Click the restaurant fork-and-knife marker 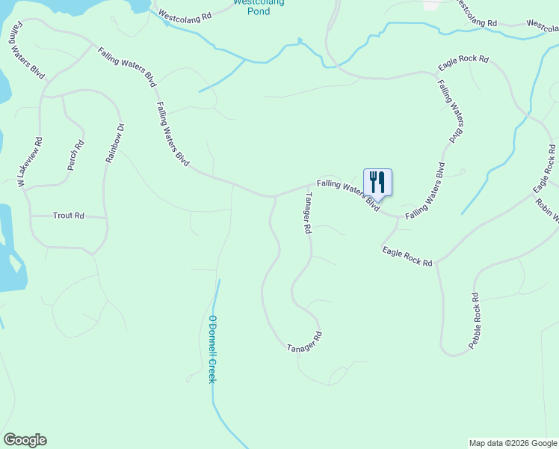coord(377,182)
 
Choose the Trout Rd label coord(68,216)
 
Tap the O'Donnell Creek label coord(211,350)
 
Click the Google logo coord(25,440)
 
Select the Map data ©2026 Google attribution coord(512,443)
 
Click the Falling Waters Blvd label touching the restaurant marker coord(348,195)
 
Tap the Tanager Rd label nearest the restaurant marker coord(306,214)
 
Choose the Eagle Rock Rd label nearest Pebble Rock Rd coord(407,257)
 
